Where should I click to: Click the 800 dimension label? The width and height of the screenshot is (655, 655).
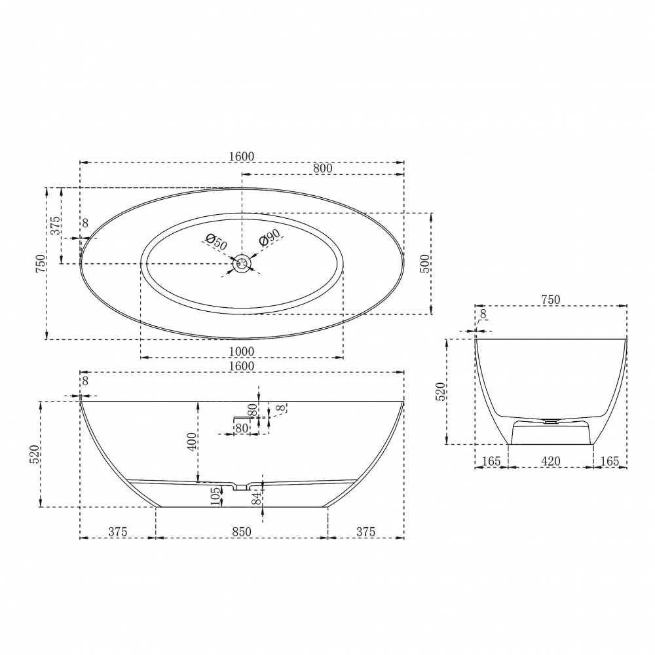pos(322,168)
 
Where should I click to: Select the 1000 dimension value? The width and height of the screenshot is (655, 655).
pos(242,351)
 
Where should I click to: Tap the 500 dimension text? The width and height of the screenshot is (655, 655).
pos(424,263)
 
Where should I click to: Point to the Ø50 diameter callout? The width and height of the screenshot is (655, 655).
pos(216,243)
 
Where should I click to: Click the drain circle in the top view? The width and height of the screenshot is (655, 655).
pos(242,263)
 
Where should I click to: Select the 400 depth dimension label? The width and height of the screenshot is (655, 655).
pos(192,441)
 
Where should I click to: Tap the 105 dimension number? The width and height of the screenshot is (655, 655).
pos(215,496)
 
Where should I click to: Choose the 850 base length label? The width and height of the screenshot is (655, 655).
pos(242,531)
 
